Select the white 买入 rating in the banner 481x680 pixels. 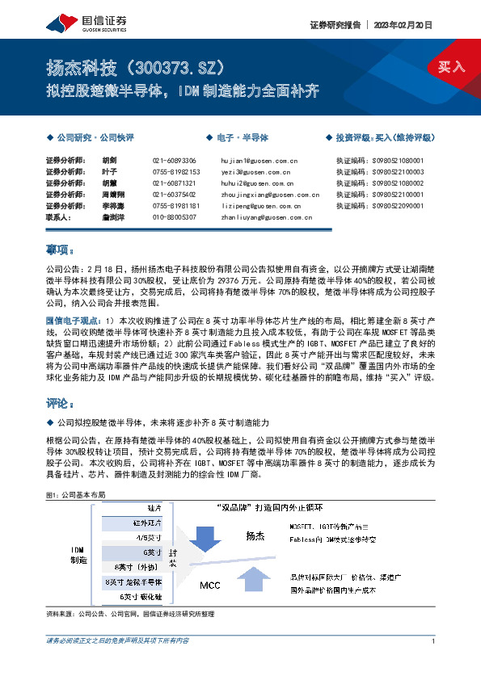(x=451, y=67)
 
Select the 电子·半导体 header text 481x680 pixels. (x=243, y=138)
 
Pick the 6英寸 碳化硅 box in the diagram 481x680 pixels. (x=142, y=596)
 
